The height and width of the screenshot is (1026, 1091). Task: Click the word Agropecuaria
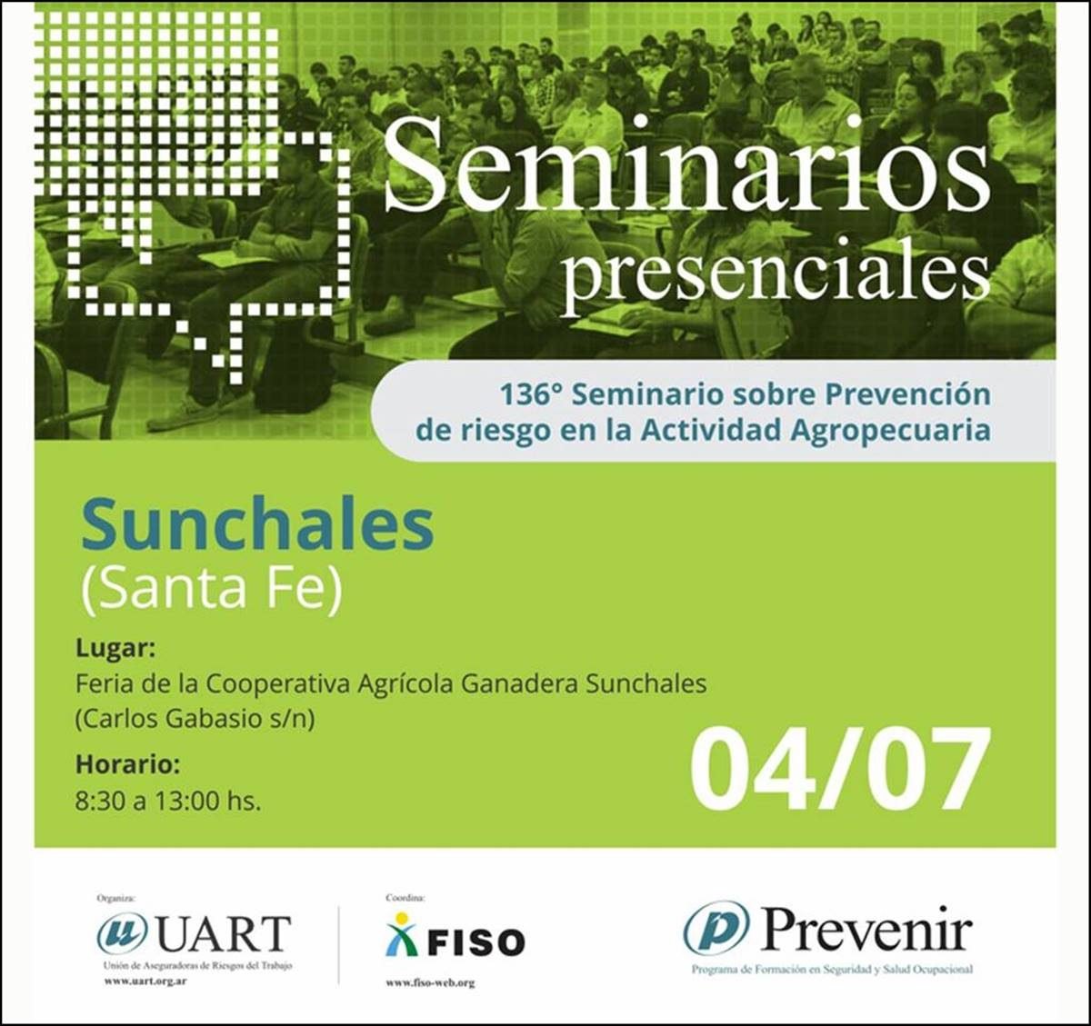(890, 431)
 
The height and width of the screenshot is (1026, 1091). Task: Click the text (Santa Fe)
(211, 588)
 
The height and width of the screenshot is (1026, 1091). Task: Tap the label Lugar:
(115, 648)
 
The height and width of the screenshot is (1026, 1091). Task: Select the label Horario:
(128, 764)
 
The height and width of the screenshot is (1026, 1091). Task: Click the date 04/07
(839, 770)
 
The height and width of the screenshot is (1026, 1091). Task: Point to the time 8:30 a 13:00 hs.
(167, 802)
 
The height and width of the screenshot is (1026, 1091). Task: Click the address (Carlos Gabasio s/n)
(195, 719)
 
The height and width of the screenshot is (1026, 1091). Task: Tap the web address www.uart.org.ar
(145, 981)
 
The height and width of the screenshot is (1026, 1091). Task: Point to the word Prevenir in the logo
(865, 929)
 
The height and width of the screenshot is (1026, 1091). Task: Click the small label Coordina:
(405, 899)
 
